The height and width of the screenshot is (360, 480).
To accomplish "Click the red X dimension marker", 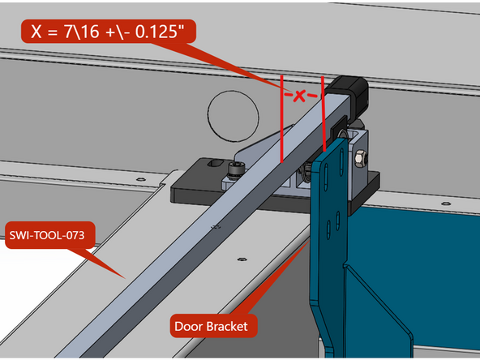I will click(300, 96).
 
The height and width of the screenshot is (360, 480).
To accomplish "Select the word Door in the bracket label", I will click(192, 327).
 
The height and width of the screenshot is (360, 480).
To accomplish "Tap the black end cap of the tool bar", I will click(350, 88).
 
